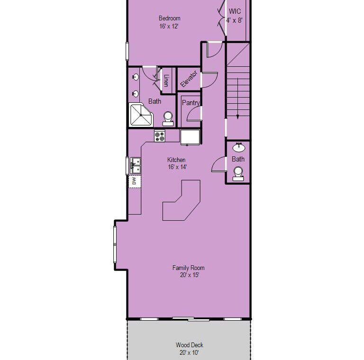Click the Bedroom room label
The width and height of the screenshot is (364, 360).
point(170,18)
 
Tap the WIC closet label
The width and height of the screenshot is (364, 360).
point(235,11)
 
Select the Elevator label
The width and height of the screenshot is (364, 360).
point(189,79)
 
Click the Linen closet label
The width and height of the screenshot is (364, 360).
point(166,80)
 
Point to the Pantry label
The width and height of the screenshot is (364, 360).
point(191,103)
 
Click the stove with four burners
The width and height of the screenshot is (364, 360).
point(160,135)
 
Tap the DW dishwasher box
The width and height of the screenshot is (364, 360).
point(135,181)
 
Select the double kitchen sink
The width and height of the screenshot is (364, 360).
point(136,166)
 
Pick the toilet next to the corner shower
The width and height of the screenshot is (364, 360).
point(168,118)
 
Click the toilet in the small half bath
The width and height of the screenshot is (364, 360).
point(238,174)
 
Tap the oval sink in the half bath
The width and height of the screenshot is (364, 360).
point(239,147)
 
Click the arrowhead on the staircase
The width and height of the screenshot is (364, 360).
point(237,117)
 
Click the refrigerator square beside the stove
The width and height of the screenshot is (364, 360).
point(190,137)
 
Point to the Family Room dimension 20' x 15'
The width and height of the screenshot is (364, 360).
point(190,275)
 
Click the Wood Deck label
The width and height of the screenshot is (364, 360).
point(190,345)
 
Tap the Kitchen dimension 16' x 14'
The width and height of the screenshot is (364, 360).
point(177,167)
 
